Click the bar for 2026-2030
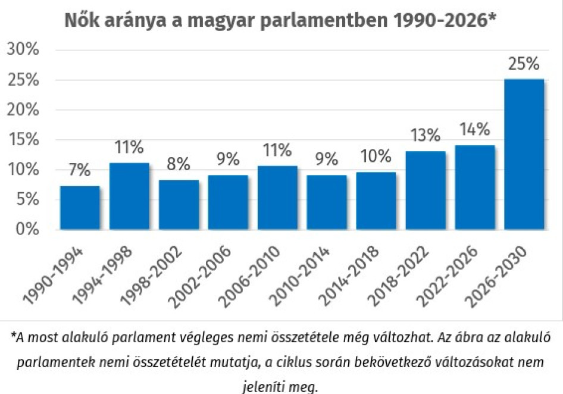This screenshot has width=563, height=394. (x=524, y=154)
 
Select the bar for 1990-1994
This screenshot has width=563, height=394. (x=80, y=208)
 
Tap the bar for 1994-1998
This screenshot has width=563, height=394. (x=129, y=196)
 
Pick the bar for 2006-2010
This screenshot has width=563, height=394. (x=277, y=198)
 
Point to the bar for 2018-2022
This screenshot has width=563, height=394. (x=425, y=190)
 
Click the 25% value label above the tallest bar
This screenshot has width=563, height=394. (x=523, y=64)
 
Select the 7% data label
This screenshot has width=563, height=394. (x=80, y=171)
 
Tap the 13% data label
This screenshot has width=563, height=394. (x=425, y=136)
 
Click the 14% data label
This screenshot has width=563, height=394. (x=474, y=129)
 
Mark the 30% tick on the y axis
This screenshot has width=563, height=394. (x=23, y=50)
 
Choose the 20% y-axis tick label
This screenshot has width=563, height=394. (x=23, y=110)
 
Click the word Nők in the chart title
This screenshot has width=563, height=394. (x=81, y=20)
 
